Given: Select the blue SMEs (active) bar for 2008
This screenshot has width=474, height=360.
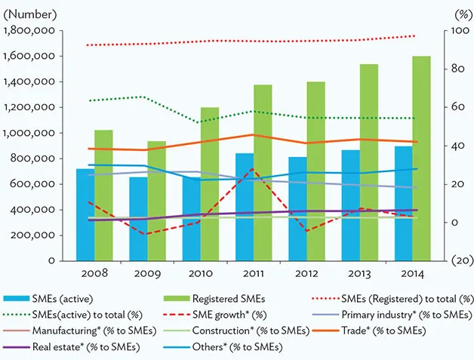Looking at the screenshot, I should pyautogui.click(x=85, y=214).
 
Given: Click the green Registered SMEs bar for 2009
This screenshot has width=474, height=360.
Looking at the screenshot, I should pyautogui.click(x=156, y=201).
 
